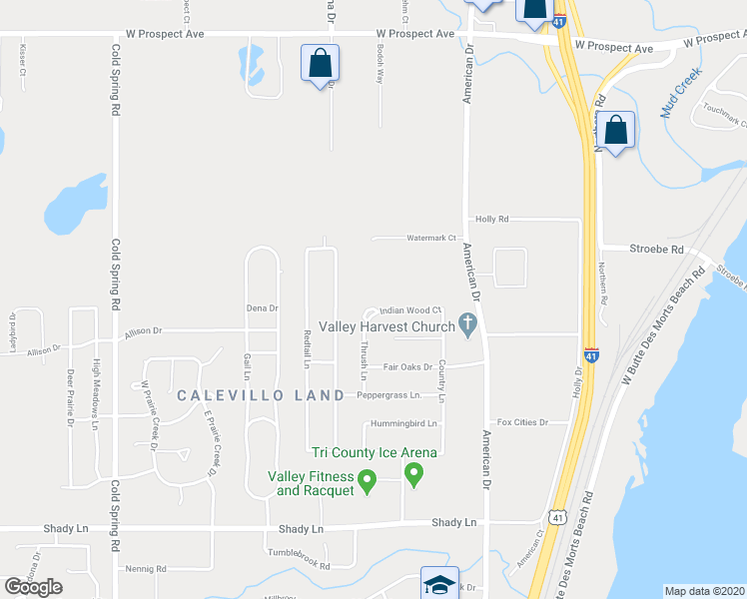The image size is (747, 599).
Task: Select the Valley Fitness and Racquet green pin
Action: coord(367,481)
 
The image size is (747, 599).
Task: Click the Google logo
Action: coord(33,587)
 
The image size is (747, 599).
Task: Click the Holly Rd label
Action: coord(492,219)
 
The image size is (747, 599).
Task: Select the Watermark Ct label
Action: coord(430,238)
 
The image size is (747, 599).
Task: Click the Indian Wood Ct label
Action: coord(409,310)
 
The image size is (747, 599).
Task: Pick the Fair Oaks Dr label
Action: coord(407,366)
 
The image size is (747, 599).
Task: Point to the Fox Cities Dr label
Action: coord(522,422)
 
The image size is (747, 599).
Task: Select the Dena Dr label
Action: coord(262,308)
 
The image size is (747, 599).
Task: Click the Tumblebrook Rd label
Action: coord(298,565)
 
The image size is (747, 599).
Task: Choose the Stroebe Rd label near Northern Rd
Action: coord(656,249)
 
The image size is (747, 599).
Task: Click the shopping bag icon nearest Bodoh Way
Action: coord(321,63)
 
